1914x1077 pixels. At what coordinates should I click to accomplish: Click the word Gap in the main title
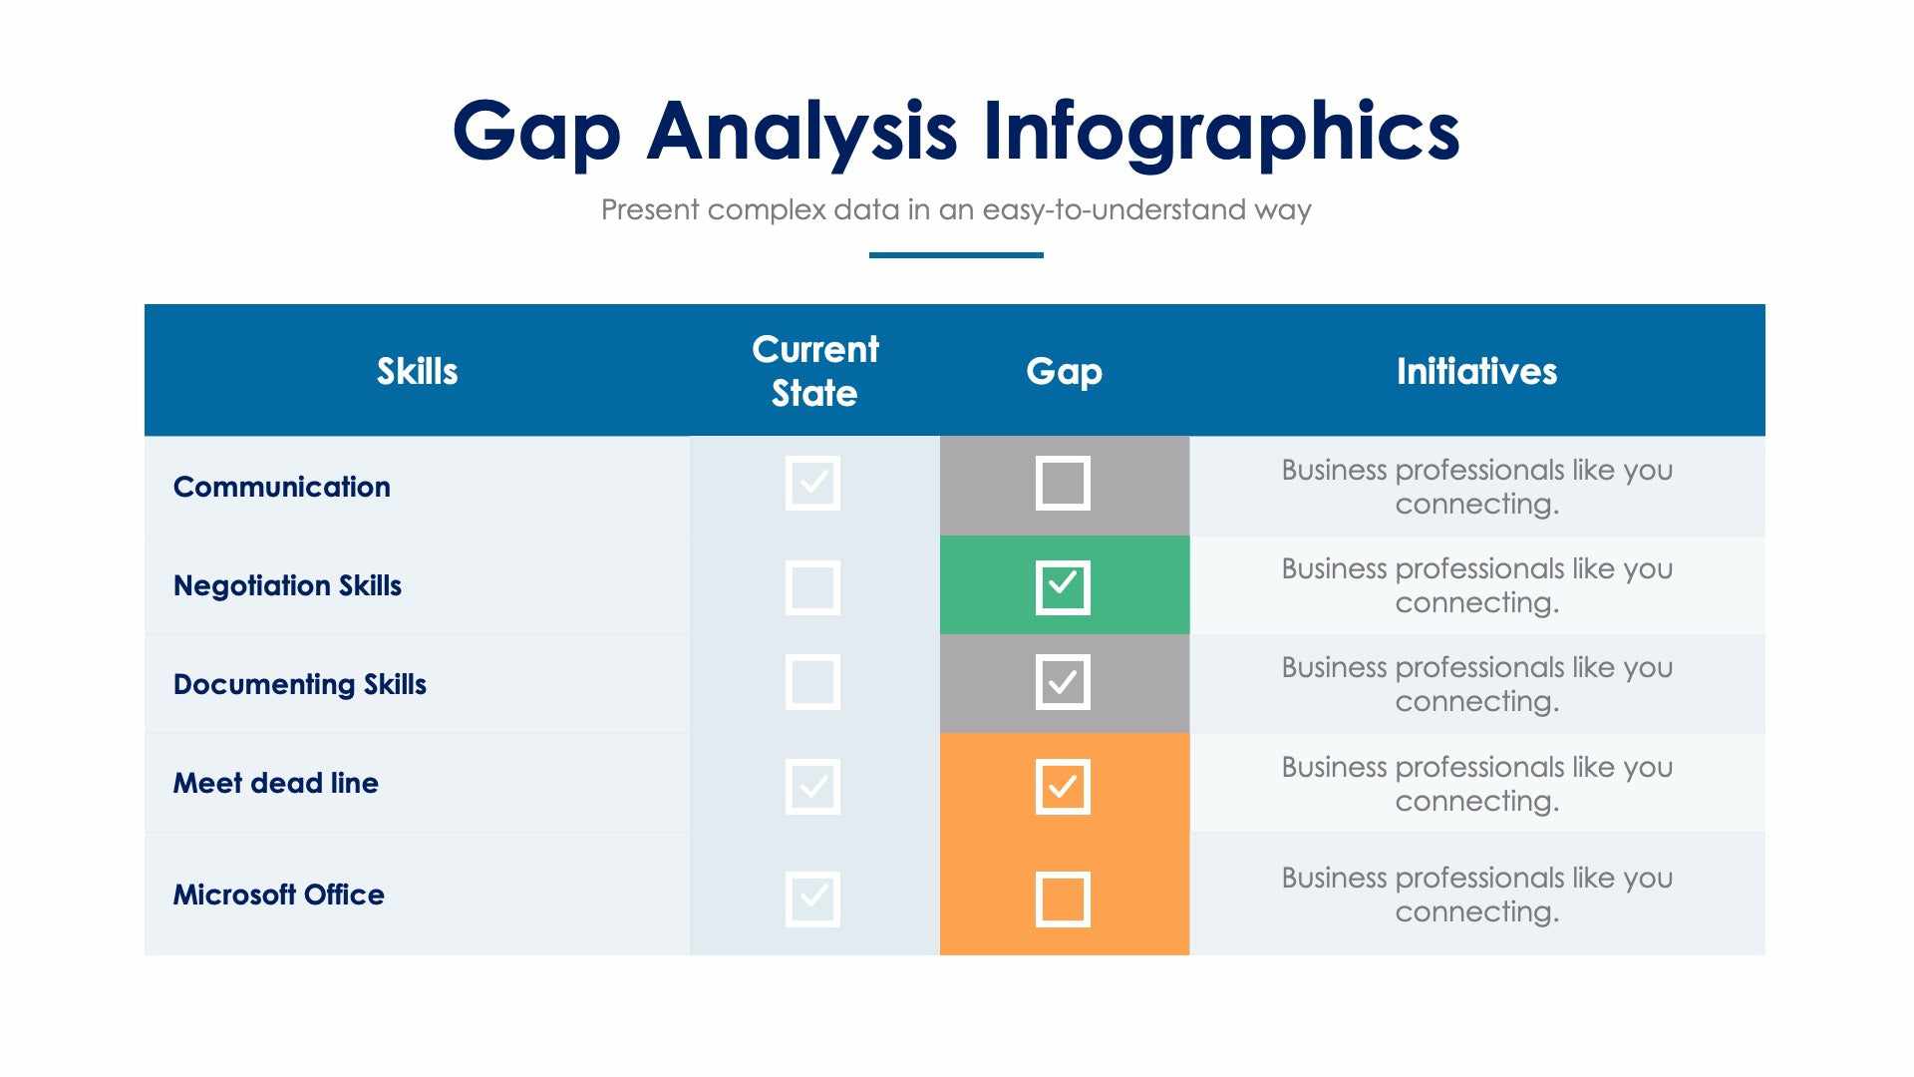(x=536, y=132)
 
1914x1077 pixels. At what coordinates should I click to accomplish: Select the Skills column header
(x=417, y=371)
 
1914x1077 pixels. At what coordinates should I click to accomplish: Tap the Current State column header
(x=814, y=371)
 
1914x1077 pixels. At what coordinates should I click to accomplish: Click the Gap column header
(x=1064, y=371)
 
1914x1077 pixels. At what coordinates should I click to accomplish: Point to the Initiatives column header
(x=1476, y=371)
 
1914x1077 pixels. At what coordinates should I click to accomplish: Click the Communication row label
(x=281, y=487)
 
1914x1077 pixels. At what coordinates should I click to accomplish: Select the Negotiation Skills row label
(x=287, y=585)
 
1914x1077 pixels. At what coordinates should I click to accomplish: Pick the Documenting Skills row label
(x=299, y=684)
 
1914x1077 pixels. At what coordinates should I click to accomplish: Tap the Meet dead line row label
(x=275, y=783)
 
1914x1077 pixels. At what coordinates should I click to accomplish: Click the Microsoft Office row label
(x=278, y=895)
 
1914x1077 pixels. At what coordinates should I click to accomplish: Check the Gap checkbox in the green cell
(x=1063, y=586)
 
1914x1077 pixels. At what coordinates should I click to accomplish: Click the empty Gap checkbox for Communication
(x=1063, y=483)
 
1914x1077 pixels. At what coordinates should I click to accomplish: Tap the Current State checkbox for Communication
(x=812, y=483)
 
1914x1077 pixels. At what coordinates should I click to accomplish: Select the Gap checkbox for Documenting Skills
(x=1063, y=682)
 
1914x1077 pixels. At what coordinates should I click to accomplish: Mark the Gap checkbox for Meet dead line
(x=1063, y=787)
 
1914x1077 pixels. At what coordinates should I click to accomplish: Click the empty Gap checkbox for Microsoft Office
(x=1063, y=899)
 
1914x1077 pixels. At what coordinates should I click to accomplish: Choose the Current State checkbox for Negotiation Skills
(x=812, y=586)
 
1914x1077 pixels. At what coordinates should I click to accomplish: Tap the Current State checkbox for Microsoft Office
(x=812, y=899)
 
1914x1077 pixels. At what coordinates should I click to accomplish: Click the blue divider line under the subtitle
(x=956, y=255)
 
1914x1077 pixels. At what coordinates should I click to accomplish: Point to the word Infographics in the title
(x=1220, y=132)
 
